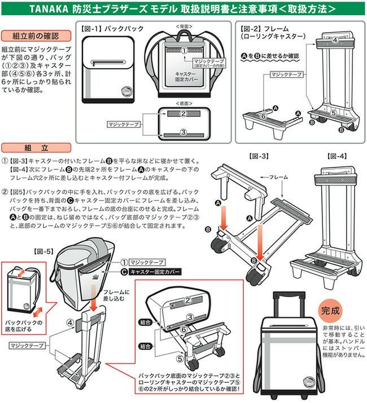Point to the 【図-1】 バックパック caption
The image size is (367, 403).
point(112,28)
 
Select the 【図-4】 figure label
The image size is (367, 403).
point(338,154)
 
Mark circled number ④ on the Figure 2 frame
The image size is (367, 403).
point(335,40)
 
